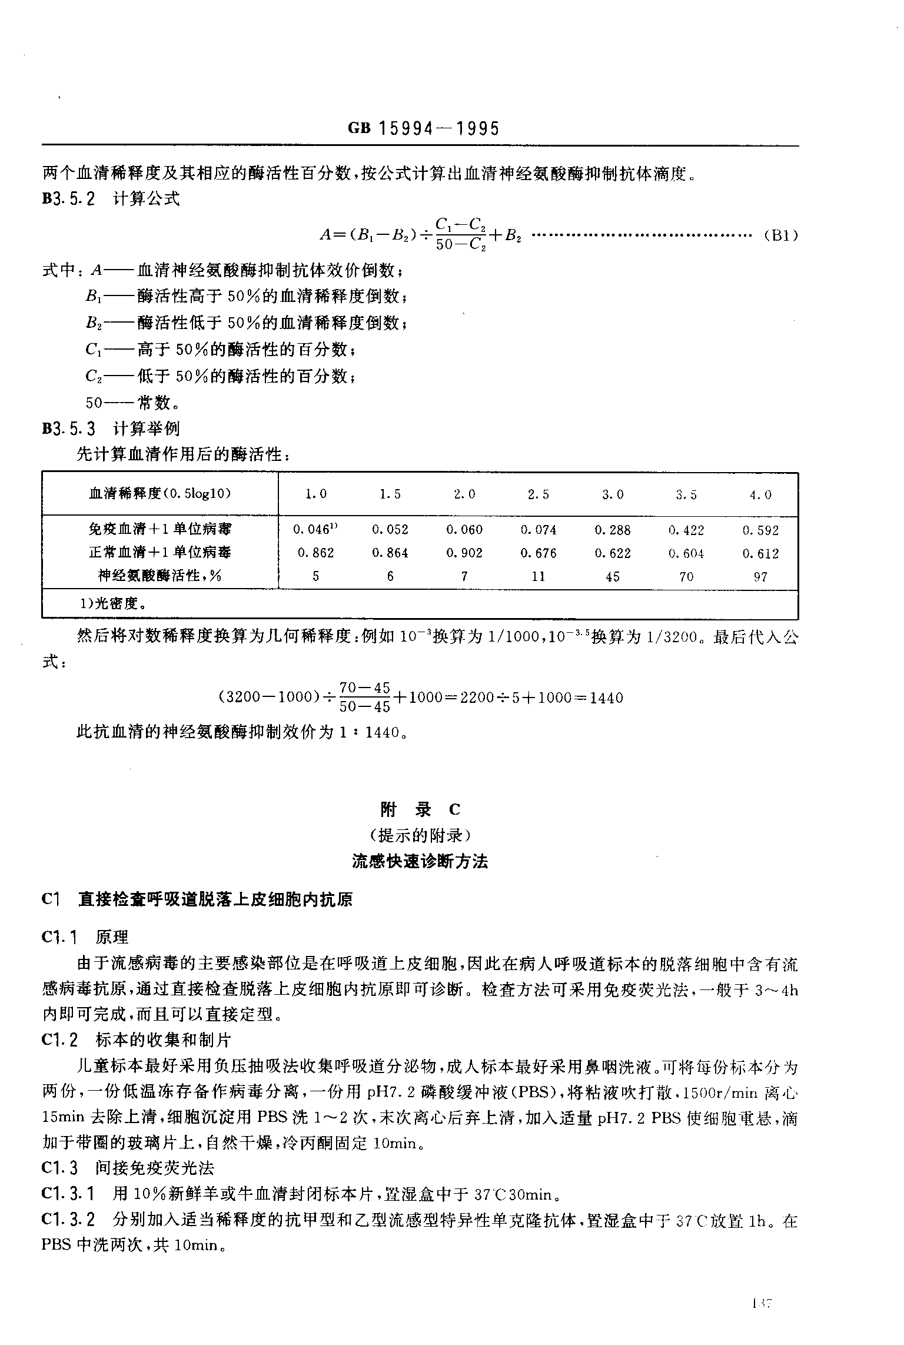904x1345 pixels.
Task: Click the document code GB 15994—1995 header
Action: point(423,128)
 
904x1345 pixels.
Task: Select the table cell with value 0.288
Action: point(612,530)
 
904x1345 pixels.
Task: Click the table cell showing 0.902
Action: point(464,553)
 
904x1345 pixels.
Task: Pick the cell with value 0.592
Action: point(760,530)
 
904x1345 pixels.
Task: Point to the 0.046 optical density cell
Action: point(315,530)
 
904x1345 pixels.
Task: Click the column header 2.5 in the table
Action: point(538,495)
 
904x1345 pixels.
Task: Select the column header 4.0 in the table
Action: point(760,495)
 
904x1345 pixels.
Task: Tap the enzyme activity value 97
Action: point(760,577)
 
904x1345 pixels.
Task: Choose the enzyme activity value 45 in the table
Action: point(612,577)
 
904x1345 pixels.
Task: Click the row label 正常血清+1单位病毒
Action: point(160,553)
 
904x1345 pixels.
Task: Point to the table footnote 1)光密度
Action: point(117,604)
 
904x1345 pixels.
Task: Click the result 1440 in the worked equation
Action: point(606,698)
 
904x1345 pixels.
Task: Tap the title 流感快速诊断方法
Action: point(420,862)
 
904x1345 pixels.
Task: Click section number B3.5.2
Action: point(68,199)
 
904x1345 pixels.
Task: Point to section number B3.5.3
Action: point(68,428)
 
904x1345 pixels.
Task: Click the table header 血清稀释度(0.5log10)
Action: point(159,494)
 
